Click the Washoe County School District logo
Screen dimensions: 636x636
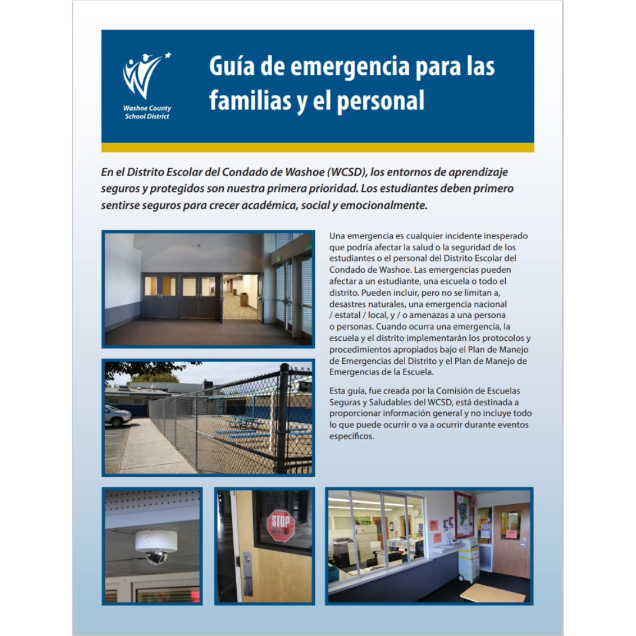click(x=147, y=86)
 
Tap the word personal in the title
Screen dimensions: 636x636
click(x=380, y=101)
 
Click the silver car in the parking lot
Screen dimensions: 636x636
click(x=117, y=416)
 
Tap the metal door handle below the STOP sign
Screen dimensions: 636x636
click(x=247, y=574)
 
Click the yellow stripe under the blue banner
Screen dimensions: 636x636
click(x=317, y=147)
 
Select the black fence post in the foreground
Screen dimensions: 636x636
click(x=283, y=418)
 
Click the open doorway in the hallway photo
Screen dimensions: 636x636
click(x=241, y=297)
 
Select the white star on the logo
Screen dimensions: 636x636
click(x=168, y=56)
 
